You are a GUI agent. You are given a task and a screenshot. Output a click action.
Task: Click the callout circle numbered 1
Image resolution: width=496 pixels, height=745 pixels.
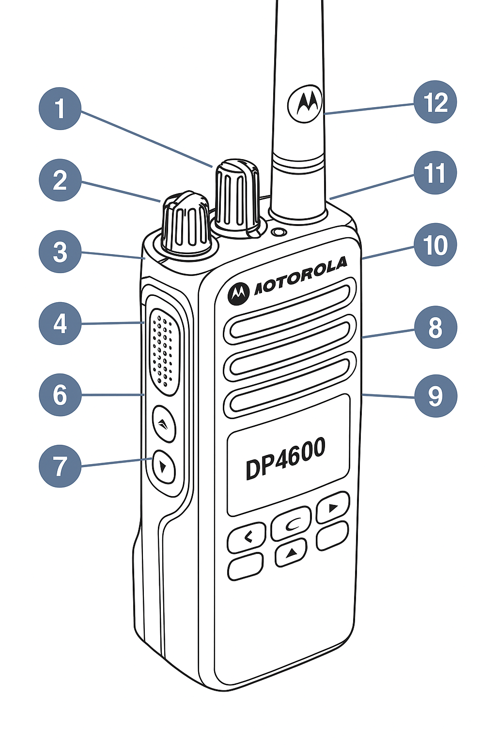(60, 108)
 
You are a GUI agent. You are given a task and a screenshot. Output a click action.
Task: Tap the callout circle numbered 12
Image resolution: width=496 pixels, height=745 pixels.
(435, 102)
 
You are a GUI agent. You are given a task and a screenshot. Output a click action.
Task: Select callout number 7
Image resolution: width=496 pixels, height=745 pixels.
(60, 466)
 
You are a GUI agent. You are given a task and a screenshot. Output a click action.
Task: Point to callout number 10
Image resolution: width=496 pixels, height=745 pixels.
(435, 245)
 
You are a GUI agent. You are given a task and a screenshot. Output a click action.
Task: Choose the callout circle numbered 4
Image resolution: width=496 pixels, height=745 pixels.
(60, 324)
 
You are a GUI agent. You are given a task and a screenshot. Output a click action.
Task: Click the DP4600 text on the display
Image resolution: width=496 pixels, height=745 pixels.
(285, 458)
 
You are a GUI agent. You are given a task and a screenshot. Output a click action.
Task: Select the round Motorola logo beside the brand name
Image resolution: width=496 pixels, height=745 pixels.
(238, 293)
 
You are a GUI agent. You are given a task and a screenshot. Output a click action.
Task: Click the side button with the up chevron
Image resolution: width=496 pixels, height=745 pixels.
(164, 423)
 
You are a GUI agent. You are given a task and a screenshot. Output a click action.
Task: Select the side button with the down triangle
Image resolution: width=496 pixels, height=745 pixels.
(164, 467)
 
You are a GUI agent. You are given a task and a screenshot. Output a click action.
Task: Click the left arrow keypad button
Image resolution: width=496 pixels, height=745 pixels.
(248, 537)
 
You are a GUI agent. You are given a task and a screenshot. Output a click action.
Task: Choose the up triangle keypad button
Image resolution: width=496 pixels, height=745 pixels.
(291, 553)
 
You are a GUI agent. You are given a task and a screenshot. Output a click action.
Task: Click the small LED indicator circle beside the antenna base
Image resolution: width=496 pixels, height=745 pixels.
(278, 233)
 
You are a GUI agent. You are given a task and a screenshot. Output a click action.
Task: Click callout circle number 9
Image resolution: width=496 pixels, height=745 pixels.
(435, 396)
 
